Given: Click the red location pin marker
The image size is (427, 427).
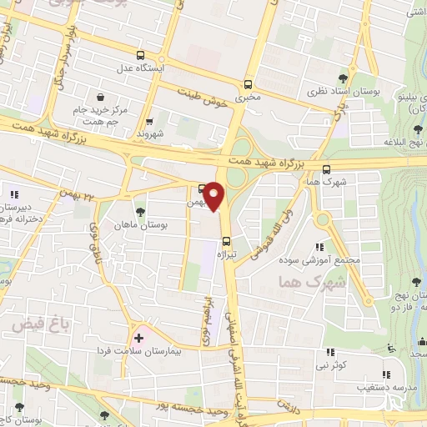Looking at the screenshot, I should (x=215, y=196).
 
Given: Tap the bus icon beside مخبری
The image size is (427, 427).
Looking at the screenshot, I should (x=247, y=84).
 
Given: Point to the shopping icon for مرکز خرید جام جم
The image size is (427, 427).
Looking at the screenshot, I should (x=100, y=98).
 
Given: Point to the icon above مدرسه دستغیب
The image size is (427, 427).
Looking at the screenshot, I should (x=385, y=374).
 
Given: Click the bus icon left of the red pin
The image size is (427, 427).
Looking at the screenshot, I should (x=202, y=188).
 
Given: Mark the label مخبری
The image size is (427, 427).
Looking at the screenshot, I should (x=247, y=98).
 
